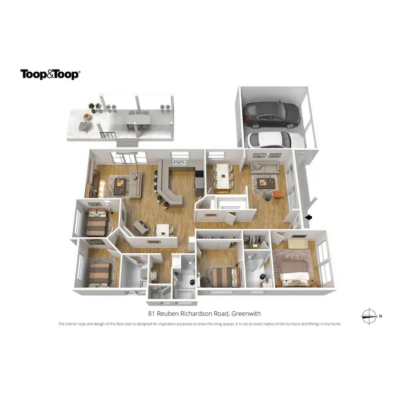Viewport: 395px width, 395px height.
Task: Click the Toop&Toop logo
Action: click(x=50, y=74)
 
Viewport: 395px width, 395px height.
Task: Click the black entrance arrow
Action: click(x=309, y=216)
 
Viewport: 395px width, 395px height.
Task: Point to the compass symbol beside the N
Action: click(x=368, y=316)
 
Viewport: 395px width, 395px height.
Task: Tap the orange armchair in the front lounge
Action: click(x=278, y=195)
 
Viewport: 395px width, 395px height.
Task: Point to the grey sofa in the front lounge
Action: click(x=264, y=167)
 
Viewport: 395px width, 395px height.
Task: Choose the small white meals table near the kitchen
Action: click(x=162, y=230)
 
